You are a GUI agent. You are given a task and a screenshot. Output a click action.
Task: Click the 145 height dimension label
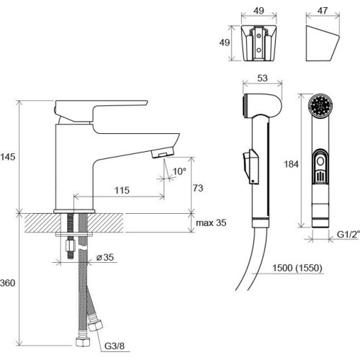(x=8, y=157)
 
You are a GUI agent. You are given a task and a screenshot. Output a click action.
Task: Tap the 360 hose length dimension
(x=8, y=283)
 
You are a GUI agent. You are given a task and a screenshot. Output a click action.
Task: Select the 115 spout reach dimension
(x=122, y=190)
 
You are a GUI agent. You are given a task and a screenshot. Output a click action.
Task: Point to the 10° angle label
(x=179, y=171)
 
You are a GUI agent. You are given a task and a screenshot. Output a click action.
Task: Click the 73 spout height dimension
(x=198, y=188)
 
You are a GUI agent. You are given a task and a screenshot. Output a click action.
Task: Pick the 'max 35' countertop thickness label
(x=211, y=222)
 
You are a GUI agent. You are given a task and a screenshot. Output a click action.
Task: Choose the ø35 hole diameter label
(x=105, y=257)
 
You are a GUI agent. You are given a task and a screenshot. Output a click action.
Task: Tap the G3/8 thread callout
(x=114, y=346)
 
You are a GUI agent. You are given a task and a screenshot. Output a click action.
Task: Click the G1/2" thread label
(x=348, y=234)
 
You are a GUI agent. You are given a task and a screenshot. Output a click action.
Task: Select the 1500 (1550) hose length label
(x=297, y=268)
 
